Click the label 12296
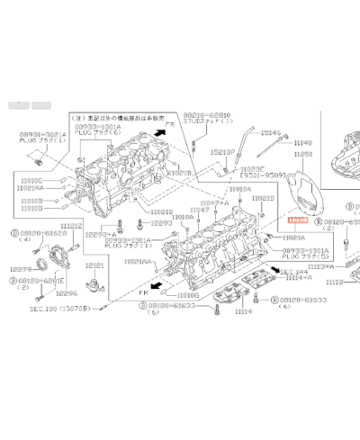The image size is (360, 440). [65, 292]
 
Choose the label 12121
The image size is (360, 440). [94, 265]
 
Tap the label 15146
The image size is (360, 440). [272, 132]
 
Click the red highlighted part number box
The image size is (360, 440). [297, 220]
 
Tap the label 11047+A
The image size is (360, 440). [213, 203]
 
